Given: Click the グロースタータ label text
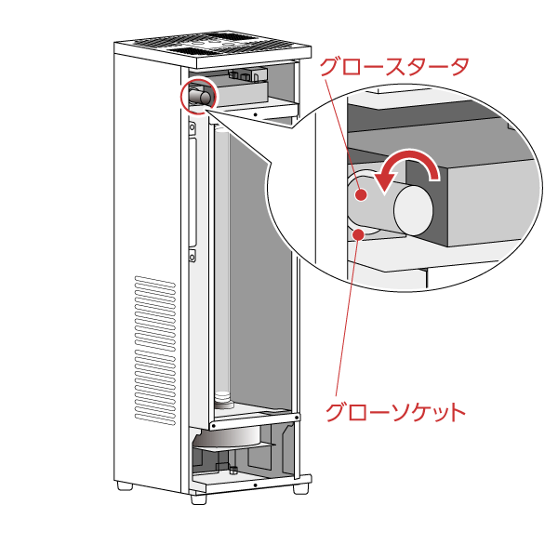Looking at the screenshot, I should pyautogui.click(x=393, y=66).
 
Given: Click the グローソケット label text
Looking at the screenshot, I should pyautogui.click(x=394, y=412).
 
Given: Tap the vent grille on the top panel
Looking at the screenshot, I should pyautogui.click(x=211, y=42).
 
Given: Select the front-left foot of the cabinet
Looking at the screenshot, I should pyautogui.click(x=198, y=498).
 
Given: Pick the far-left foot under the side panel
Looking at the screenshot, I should pyautogui.click(x=125, y=485).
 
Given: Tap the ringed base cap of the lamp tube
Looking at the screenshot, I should pyautogui.click(x=223, y=399).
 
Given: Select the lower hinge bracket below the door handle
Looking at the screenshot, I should pyautogui.click(x=192, y=255).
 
